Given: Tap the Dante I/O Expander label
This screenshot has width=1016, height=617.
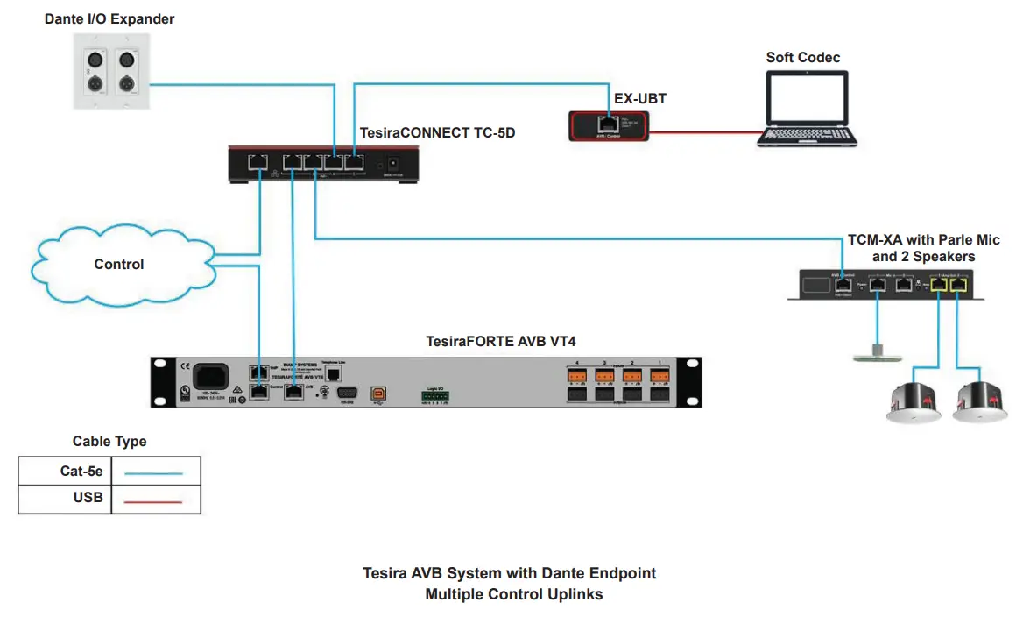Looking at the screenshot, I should click(109, 18).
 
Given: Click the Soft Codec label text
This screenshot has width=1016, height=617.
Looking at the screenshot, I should click(802, 58).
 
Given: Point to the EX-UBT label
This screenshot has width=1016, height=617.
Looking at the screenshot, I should click(639, 99).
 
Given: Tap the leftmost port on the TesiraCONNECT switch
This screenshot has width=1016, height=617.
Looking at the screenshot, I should click(259, 161).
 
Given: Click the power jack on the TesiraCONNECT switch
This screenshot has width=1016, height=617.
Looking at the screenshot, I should click(394, 163).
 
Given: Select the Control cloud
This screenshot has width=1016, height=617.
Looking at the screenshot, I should click(120, 264).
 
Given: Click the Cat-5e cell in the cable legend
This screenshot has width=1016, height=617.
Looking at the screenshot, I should click(65, 472).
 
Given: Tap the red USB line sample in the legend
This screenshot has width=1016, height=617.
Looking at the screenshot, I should click(154, 500).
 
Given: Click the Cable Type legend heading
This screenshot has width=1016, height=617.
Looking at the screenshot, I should click(109, 442).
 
